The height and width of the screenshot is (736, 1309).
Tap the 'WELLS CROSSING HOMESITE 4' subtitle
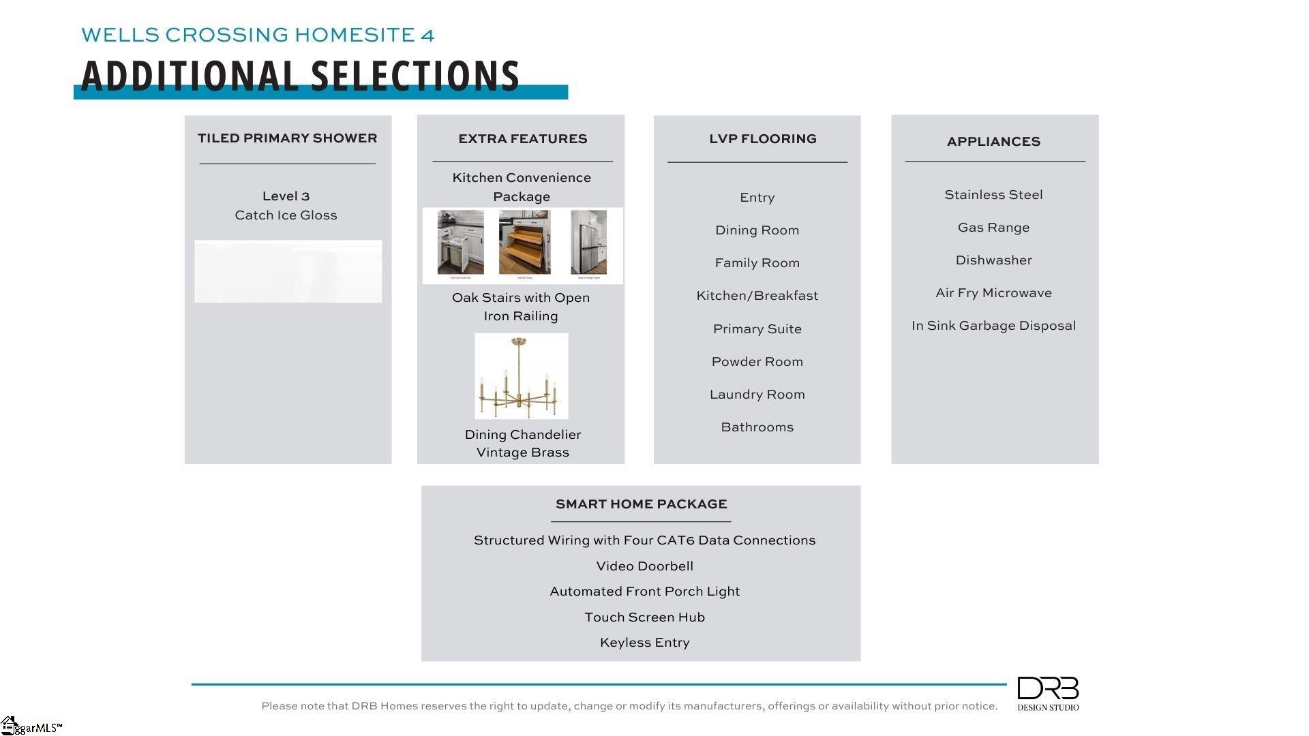[258, 35]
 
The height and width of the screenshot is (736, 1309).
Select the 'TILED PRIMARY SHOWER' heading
[287, 138]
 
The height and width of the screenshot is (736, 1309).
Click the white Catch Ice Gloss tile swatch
[288, 271]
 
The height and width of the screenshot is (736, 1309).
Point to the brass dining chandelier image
[522, 376]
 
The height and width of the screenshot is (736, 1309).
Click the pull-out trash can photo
[460, 243]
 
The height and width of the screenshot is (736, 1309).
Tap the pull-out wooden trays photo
[524, 243]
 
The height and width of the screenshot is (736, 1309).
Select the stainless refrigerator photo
[588, 243]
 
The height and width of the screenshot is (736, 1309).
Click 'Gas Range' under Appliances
[993, 228]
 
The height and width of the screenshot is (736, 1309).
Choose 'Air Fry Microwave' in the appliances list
[993, 293]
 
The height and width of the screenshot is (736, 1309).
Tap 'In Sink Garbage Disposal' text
[993, 326]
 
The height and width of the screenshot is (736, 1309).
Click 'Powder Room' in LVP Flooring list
[757, 362]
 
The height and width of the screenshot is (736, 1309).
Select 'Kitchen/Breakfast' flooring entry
[757, 296]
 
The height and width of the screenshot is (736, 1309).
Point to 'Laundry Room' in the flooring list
[757, 395]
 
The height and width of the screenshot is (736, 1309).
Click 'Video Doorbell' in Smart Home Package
[644, 566]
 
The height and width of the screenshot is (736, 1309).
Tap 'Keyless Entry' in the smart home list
[644, 643]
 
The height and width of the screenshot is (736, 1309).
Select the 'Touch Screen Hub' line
[644, 617]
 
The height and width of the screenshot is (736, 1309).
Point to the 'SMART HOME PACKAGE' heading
[641, 504]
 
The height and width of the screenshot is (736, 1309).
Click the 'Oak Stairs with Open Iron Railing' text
[521, 307]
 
